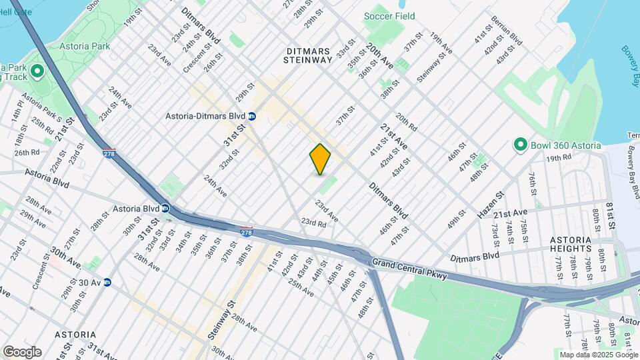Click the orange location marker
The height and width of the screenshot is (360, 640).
point(321,159)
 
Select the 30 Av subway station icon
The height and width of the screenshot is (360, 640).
point(107,282)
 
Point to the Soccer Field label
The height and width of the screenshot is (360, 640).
point(389,16)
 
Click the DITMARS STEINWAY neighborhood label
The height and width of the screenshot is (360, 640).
point(309,55)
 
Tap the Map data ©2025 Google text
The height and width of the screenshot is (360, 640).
point(599,355)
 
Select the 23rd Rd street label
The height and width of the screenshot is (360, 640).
point(313,223)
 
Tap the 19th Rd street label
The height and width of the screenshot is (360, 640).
point(559,158)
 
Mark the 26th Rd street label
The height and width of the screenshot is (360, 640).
point(27,152)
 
